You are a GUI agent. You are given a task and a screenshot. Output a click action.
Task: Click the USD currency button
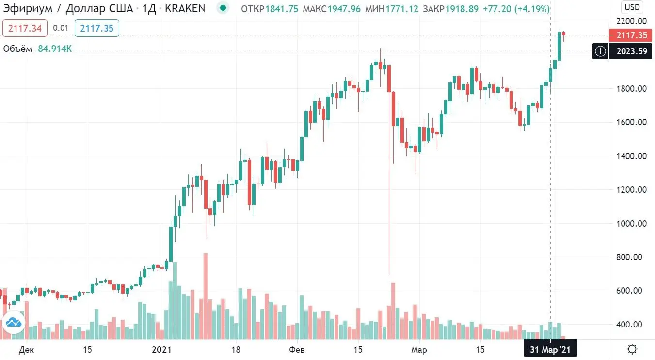pos(632,7)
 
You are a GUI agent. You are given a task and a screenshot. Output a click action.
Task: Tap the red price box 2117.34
pos(25,28)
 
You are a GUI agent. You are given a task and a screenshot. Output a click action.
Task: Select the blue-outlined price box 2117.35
pos(97,28)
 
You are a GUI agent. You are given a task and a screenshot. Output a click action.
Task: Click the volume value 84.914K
pos(55,49)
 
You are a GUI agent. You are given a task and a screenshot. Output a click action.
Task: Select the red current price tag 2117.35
pos(629,35)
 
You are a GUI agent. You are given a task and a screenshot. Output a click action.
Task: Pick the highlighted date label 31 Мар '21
pos(550,350)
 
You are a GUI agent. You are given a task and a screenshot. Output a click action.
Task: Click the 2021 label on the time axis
pos(161,350)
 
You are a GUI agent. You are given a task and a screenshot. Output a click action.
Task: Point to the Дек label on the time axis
pos(27,350)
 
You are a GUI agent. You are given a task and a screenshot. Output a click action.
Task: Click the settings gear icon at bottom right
pos(632,349)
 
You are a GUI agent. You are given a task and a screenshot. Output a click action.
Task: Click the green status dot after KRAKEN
pos(223,8)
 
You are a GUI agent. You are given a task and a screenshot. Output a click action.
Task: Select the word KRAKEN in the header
pos(186,8)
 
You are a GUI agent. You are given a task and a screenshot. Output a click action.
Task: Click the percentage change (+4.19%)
pos(532,8)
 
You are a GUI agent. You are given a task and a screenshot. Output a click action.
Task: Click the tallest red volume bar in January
pos(206,296)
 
